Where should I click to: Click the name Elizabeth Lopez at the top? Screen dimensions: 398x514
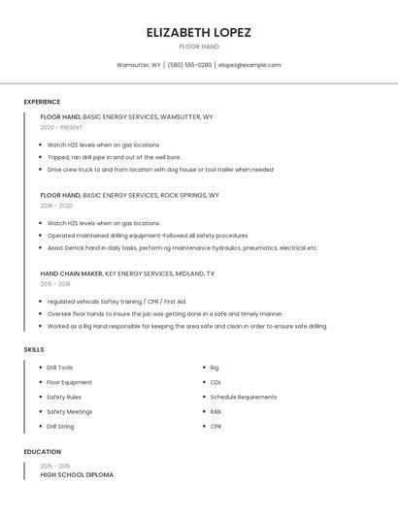point(198,32)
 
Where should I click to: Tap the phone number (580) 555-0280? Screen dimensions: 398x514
point(189,65)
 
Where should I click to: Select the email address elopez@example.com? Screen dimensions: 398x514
point(249,65)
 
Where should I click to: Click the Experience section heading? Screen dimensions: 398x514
point(42,102)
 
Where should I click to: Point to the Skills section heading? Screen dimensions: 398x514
point(34,349)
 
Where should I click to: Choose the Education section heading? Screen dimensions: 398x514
point(42,452)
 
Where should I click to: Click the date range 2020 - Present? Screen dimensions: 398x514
point(61,127)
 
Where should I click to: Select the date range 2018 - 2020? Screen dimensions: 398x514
point(56,206)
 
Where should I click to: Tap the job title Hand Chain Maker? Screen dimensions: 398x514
point(71,273)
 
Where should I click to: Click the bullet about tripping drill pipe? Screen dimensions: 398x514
point(114,157)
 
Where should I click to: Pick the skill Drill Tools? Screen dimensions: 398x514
point(59,368)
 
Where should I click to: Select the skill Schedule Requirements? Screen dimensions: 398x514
point(243,397)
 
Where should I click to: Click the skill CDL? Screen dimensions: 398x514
point(216,382)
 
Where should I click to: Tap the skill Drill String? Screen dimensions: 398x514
point(60,426)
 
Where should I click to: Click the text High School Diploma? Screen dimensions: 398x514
point(77,474)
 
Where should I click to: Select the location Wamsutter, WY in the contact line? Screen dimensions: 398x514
point(139,65)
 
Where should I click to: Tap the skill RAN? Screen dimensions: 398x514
point(216,411)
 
